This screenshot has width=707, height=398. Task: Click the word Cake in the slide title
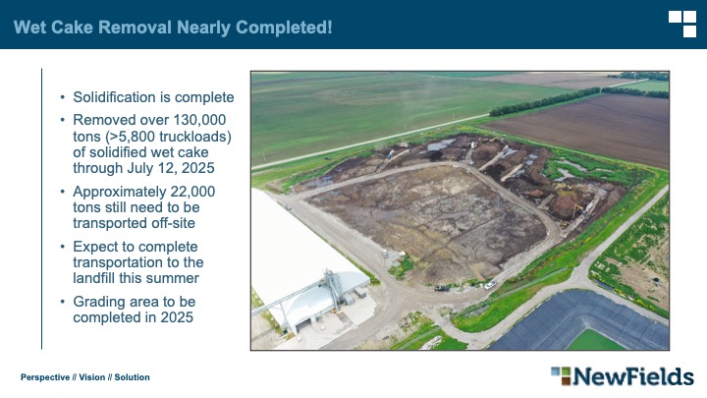click(72, 28)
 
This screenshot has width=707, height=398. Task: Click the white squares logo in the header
click(682, 24)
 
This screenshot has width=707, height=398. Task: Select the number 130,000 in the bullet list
click(199, 120)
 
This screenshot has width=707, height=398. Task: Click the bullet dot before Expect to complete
click(63, 247)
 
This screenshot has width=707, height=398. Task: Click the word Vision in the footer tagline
click(92, 377)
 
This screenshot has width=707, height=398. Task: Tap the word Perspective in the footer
click(45, 377)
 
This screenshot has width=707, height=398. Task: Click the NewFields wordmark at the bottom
click(633, 376)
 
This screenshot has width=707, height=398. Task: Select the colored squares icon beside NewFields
click(561, 375)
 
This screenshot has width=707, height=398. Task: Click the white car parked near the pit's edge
click(490, 285)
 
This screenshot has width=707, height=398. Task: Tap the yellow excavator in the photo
click(577, 209)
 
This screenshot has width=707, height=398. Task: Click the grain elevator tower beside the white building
click(332, 288)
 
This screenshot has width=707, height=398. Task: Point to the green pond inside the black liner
click(595, 340)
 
